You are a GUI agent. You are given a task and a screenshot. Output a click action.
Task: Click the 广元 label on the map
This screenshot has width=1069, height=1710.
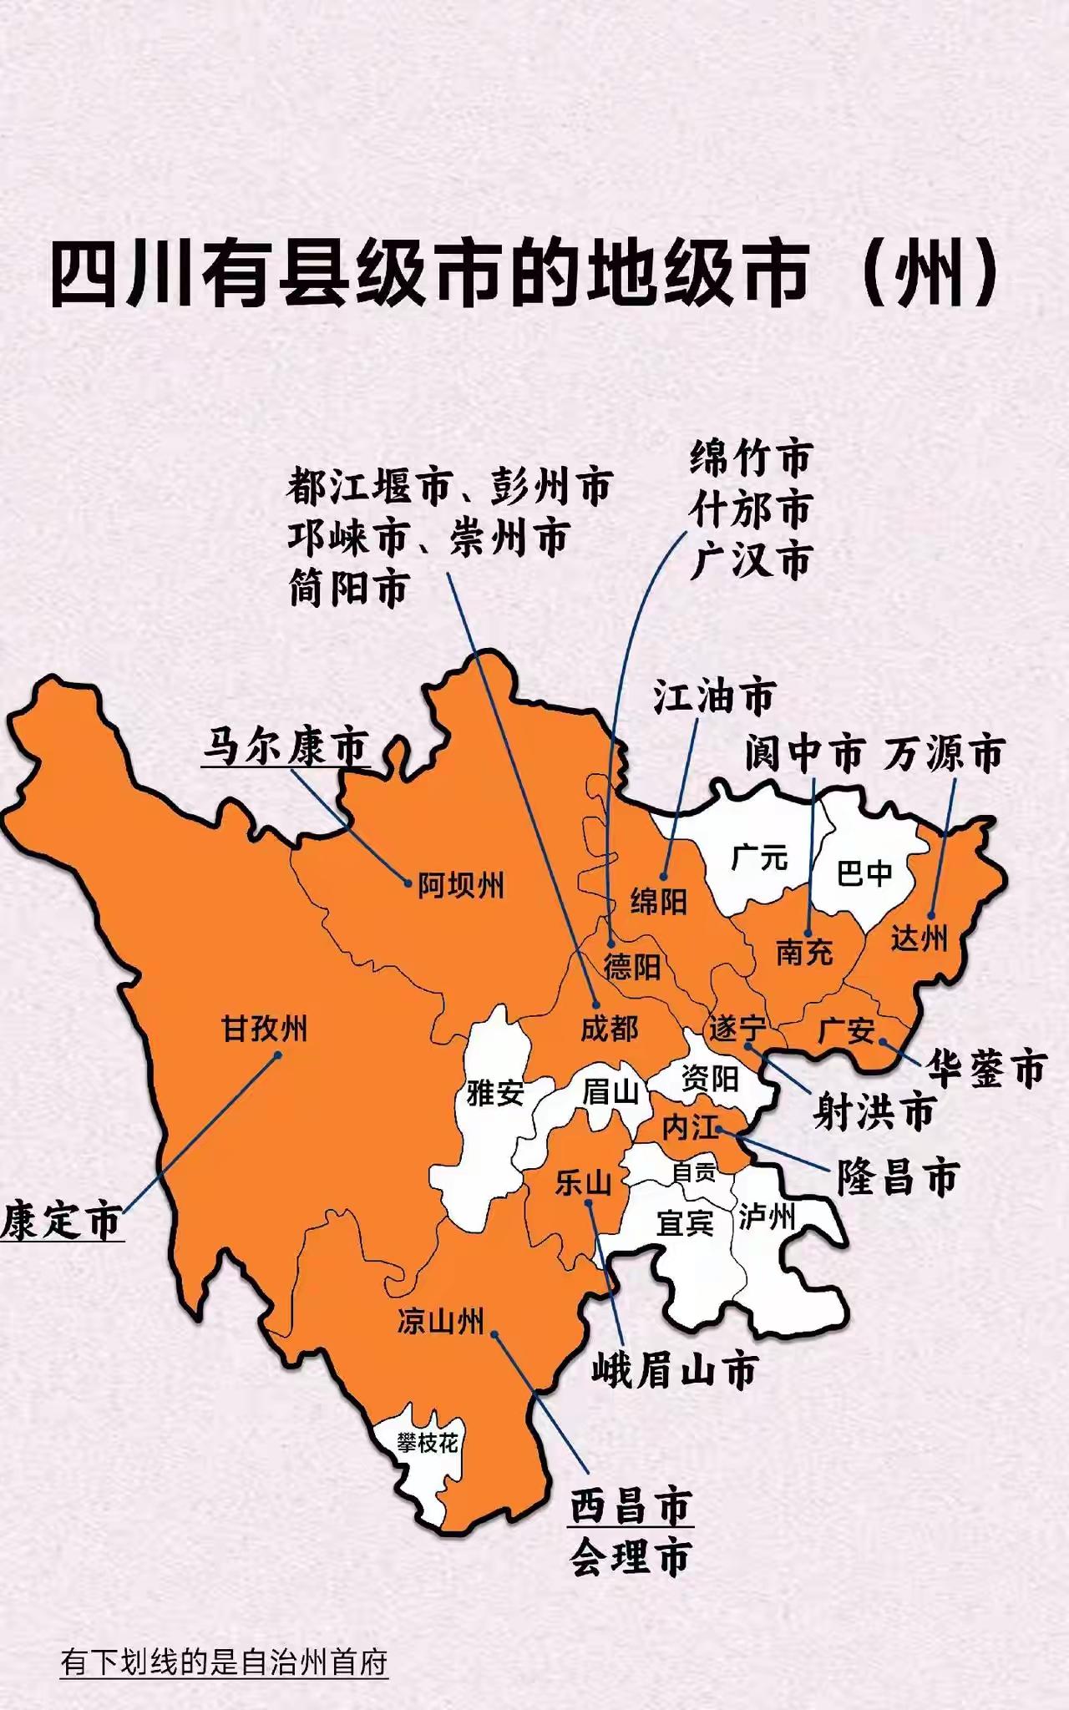759,857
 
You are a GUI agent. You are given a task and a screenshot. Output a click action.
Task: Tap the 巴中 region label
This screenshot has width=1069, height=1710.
865,873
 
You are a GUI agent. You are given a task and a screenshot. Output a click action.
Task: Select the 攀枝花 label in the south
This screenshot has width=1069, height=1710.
428,1443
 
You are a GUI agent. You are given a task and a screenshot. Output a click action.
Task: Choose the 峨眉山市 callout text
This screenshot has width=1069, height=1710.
675,1371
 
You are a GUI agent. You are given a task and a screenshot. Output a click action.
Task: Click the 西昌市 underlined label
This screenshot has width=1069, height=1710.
631,1506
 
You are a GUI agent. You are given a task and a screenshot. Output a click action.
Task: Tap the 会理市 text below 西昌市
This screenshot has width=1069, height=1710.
631,1557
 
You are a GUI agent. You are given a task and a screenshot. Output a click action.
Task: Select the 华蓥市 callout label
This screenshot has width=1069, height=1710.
986,1069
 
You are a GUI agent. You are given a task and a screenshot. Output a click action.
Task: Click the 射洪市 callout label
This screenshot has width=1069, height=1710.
874,1112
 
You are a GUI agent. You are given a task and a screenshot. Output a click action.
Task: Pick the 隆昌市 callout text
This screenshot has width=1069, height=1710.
898,1178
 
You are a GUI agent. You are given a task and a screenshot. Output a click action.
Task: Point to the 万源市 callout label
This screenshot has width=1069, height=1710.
943,754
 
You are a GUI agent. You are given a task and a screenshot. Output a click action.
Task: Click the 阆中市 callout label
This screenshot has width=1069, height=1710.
803,754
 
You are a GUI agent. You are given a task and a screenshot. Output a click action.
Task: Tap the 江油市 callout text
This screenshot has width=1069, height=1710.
714,696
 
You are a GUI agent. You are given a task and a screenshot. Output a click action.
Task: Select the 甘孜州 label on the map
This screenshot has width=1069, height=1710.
264,1029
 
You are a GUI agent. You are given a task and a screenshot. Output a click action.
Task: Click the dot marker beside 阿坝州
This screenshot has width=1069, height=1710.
408,883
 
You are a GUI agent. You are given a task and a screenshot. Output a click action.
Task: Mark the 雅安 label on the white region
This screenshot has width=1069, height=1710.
495,1093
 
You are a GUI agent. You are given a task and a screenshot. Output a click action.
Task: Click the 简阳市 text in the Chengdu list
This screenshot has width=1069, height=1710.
349,588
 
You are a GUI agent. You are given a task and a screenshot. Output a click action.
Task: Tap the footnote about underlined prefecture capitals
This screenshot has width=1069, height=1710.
224,1662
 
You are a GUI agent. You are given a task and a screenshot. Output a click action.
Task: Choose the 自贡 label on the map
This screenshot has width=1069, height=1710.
693,1173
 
